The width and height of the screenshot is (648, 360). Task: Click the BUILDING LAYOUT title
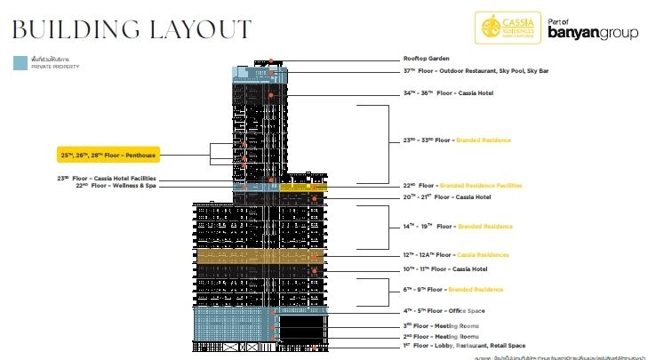(130, 29)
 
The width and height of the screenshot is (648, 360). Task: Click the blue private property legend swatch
(19, 63)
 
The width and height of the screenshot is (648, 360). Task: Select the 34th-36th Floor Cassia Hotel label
(447, 92)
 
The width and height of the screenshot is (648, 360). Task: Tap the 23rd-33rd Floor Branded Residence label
(457, 140)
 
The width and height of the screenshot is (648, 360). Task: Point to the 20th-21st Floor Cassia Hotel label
(446, 196)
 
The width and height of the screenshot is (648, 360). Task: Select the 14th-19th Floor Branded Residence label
(457, 227)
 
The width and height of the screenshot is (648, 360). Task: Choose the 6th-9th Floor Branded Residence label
(452, 289)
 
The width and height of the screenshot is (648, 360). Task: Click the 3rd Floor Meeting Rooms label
(441, 326)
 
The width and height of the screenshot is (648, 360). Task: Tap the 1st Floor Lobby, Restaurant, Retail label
(464, 346)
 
